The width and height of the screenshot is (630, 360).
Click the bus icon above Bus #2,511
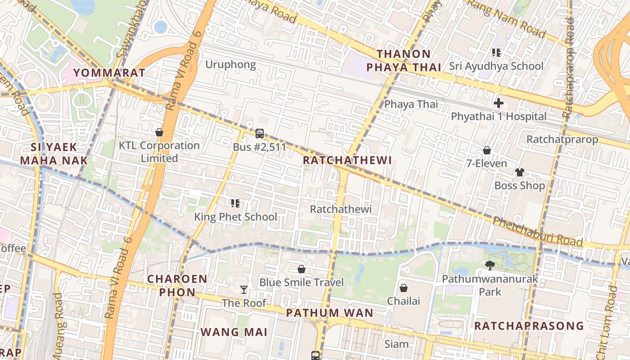[260, 134]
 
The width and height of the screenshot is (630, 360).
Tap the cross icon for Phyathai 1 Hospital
[498, 103]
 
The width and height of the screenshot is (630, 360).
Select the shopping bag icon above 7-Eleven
[486, 150]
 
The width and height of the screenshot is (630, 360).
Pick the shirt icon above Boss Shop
[520, 172]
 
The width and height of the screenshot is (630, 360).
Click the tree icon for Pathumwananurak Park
[490, 265]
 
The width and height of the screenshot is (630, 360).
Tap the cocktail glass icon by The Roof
[244, 289]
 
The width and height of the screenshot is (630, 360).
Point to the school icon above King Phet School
[235, 203]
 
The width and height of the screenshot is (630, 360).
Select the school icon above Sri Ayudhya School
[496, 53]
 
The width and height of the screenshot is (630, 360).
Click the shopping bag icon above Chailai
[404, 288]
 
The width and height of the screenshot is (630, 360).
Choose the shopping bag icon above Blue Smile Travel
[301, 269]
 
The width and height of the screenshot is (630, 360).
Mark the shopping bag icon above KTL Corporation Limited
[159, 132]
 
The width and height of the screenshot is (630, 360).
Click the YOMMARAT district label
[109, 72]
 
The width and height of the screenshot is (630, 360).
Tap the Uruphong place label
[230, 64]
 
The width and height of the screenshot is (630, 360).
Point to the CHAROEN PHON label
[177, 285]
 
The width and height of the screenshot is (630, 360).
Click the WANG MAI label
[234, 332]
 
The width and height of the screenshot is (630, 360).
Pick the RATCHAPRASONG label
[529, 325]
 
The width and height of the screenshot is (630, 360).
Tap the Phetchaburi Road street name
[538, 231]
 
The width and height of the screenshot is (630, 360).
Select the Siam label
[396, 344]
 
